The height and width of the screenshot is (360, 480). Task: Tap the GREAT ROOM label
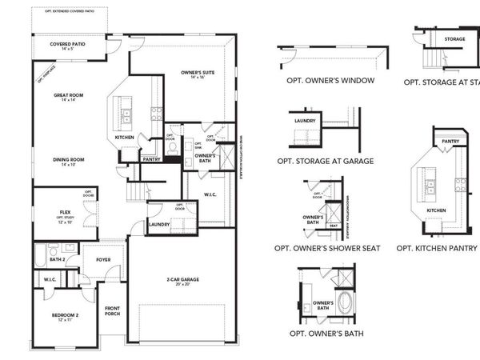click(70, 97)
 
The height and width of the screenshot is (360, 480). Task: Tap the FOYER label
click(104, 259)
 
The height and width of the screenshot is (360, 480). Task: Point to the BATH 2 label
click(57, 259)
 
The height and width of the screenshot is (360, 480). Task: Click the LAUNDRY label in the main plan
click(159, 225)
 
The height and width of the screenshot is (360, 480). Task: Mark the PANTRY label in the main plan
click(151, 159)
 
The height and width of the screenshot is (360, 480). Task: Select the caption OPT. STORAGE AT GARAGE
click(326, 160)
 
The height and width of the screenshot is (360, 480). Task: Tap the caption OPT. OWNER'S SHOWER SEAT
click(328, 248)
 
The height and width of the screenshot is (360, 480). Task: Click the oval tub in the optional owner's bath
click(345, 302)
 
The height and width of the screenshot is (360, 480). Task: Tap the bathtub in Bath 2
click(42, 256)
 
